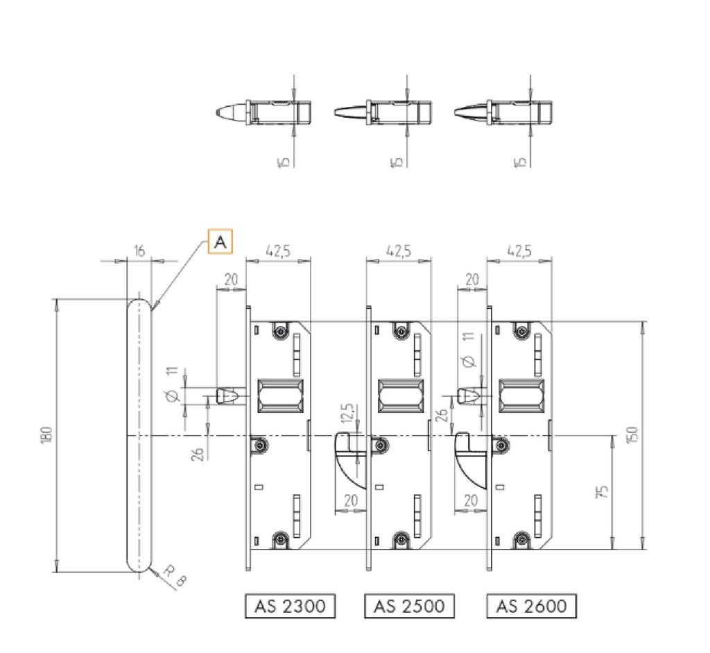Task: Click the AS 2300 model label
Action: [290, 606]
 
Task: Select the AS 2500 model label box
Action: [409, 606]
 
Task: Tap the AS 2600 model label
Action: [531, 606]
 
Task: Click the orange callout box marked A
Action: [220, 241]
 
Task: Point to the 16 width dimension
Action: [139, 251]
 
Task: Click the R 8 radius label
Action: [175, 575]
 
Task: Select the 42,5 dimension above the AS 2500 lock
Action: [398, 251]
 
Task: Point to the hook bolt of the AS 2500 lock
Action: [348, 458]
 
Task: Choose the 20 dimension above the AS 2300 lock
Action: [231, 279]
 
